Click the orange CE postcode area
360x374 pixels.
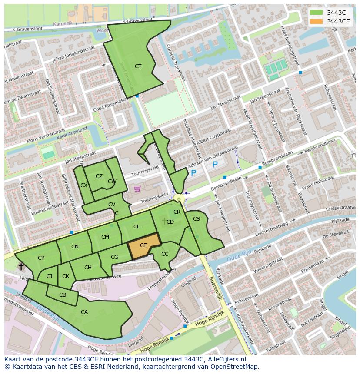coord(143,246)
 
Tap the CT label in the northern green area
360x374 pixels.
coord(138,66)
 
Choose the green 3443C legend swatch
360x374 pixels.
coord(316,13)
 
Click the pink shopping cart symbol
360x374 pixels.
coord(137,189)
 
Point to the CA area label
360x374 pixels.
coord(84,312)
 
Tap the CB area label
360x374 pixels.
coord(63,295)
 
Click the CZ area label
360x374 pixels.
coord(99,176)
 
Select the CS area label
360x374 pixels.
coord(197,219)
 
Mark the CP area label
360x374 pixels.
coord(41,258)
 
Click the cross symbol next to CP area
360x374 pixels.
coord(21,266)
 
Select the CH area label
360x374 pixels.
coord(88,268)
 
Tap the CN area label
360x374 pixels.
coord(75,247)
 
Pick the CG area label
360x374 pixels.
coord(114,257)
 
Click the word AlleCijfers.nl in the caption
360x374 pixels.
coord(226,359)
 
